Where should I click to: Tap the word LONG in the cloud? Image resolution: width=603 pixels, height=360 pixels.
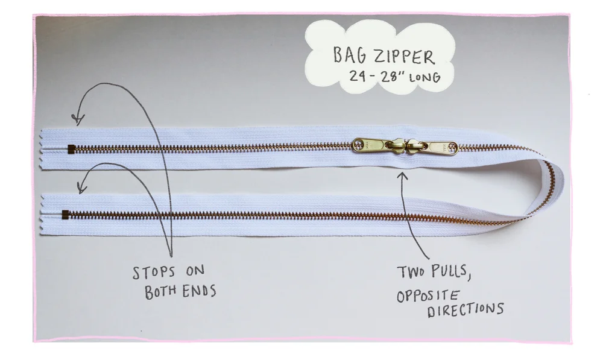point(426,77)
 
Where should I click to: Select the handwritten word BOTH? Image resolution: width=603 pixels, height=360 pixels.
point(160,293)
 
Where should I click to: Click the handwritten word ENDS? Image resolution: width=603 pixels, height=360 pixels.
point(198,291)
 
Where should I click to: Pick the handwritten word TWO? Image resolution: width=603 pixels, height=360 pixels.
point(411,273)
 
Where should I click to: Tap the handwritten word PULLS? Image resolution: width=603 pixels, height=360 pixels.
point(449,272)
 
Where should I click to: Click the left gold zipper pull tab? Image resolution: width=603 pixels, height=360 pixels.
point(370,145)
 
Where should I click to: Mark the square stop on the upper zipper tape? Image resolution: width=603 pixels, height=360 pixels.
point(72,148)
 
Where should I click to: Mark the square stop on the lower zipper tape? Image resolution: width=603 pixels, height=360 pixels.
point(65,212)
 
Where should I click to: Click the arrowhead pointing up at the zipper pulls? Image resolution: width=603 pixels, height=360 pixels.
point(402,176)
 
